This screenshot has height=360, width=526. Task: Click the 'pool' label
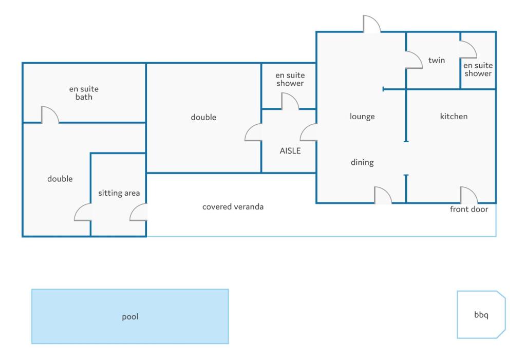(130, 317)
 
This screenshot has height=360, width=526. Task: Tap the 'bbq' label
(481, 315)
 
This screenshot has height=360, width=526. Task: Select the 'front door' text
(468, 210)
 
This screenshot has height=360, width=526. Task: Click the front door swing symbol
(468, 195)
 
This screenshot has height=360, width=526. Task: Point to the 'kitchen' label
(454, 117)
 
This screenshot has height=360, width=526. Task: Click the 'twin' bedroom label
(437, 61)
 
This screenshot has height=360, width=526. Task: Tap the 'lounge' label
(362, 117)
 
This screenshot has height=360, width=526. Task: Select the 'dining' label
(362, 163)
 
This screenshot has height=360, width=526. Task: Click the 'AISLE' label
(290, 151)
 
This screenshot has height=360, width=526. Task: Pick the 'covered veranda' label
(233, 206)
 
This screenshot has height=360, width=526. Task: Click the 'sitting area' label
(119, 193)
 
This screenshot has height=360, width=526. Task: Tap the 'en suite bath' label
(84, 93)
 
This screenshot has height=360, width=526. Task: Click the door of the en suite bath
(50, 115)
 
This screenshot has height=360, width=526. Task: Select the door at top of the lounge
(372, 24)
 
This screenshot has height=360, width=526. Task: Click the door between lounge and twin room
(414, 60)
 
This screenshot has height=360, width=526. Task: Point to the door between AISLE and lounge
(308, 132)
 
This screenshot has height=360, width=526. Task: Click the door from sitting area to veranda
(138, 213)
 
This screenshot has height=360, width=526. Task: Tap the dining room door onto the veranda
(383, 195)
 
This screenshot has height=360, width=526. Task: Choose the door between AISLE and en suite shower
(290, 101)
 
